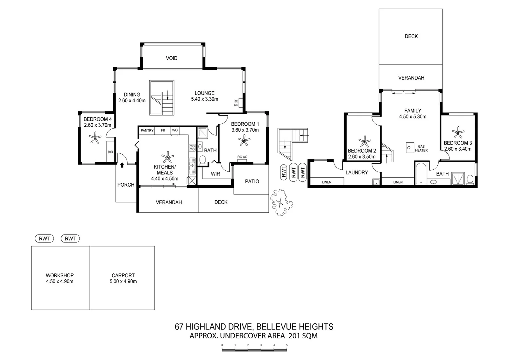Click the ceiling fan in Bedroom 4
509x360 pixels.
[x=96, y=137]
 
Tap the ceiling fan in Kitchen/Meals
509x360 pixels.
[x=167, y=157]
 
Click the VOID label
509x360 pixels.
[x=172, y=58]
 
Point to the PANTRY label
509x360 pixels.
[x=147, y=130]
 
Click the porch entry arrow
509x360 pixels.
[x=122, y=165]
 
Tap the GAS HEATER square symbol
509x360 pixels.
[x=409, y=148]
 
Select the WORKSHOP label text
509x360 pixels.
[x=60, y=275]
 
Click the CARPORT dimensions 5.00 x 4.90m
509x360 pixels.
[x=123, y=282]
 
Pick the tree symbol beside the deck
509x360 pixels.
[x=281, y=202]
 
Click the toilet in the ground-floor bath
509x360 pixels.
[x=202, y=161]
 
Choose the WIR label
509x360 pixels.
[x=215, y=174]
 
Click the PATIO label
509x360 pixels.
[x=252, y=182]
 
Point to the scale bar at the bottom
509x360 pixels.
[x=254, y=349]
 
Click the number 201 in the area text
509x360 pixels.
[x=293, y=336]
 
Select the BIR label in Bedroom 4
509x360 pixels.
[x=110, y=152]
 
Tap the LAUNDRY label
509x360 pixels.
[x=356, y=173]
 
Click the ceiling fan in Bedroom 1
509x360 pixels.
[x=245, y=141]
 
